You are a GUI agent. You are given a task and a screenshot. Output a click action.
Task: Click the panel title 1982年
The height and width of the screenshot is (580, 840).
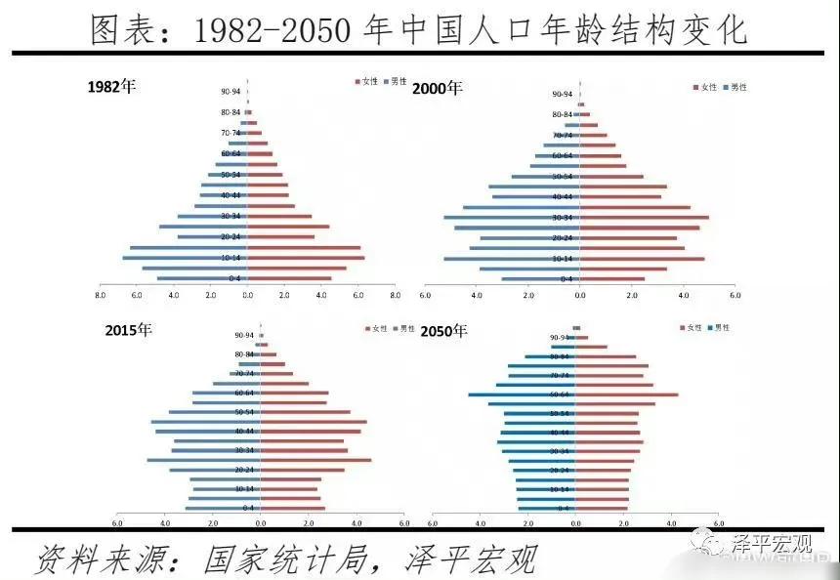pos(111,86)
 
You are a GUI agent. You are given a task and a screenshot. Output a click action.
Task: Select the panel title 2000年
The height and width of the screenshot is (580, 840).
pos(437,88)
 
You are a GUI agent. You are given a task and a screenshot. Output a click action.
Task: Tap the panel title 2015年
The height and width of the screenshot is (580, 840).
pos(129,330)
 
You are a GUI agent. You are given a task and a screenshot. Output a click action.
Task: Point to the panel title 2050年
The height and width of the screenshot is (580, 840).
pos(443,331)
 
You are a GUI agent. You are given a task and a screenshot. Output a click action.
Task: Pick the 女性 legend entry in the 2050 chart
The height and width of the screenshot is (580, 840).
pos(690,328)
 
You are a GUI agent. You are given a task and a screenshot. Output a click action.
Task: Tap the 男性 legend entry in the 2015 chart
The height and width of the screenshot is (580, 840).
pos(403,329)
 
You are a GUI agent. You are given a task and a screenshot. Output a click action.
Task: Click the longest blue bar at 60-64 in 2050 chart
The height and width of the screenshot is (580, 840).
pos(521,394)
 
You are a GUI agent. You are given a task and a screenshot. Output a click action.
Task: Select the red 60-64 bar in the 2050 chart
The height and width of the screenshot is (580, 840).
pos(626,394)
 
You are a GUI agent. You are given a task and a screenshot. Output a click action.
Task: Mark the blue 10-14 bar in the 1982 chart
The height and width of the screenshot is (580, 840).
pos(185,258)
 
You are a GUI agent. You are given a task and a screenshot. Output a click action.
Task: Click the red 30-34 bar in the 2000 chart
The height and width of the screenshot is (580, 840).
pos(644,217)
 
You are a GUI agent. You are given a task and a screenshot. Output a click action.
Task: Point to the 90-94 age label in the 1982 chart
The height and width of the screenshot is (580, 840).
pos(231,92)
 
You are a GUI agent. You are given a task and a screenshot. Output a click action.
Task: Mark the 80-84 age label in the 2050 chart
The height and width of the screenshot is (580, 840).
pos(560,356)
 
